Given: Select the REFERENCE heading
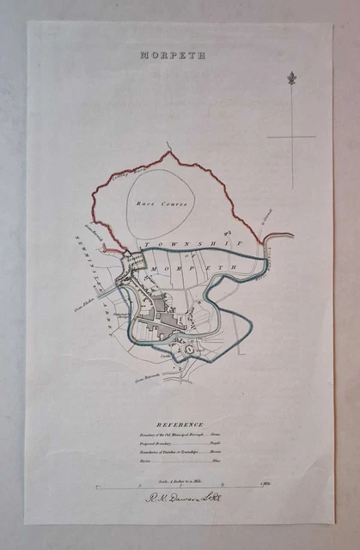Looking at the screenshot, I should [180, 425].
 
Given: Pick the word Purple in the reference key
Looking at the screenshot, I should [241, 447].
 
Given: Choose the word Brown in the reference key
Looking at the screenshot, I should [241, 455].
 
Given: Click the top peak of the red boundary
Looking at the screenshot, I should [170, 153].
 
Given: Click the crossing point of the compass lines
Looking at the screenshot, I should [293, 136].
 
